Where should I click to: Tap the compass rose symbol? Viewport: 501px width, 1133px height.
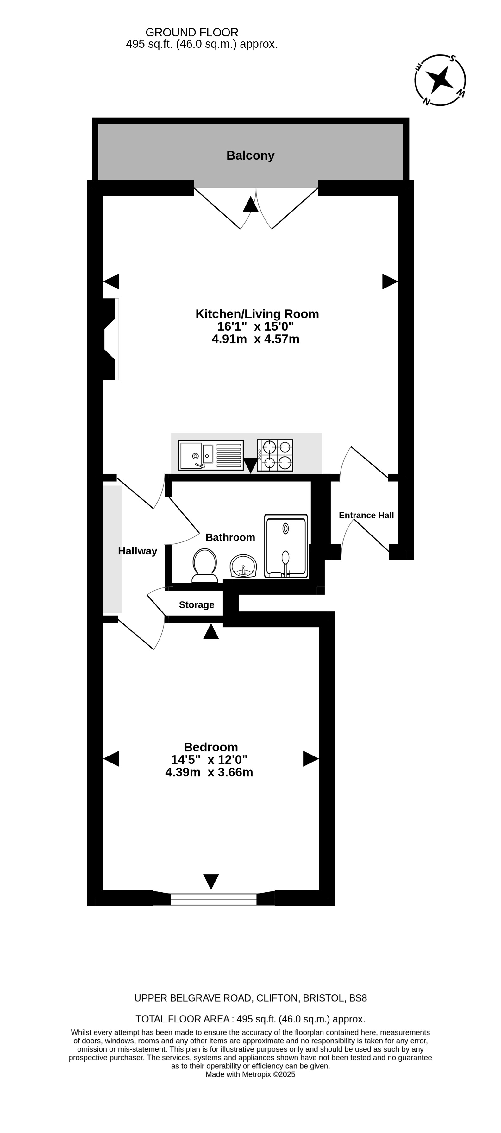440,80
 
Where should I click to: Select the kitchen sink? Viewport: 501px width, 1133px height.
210,455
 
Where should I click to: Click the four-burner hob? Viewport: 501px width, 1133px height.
275,455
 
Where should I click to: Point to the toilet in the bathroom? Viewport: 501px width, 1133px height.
205,565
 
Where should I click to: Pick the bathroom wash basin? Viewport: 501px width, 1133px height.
243,566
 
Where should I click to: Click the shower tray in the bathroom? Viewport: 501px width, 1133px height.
286,546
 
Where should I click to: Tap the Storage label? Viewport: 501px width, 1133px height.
197,605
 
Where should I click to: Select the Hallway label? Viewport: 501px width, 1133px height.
138,551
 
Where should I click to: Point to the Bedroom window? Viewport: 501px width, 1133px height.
214,899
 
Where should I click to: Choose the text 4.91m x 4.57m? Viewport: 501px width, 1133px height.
255,339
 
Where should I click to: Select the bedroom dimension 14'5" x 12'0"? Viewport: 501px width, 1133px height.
209,760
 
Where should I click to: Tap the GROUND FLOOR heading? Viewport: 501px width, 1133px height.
192,33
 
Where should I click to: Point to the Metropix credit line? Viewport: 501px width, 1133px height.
251,1074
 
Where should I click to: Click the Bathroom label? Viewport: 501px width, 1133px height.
230,537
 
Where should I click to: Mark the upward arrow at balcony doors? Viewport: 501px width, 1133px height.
251,204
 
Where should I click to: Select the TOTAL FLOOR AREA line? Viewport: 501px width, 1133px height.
251,1019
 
